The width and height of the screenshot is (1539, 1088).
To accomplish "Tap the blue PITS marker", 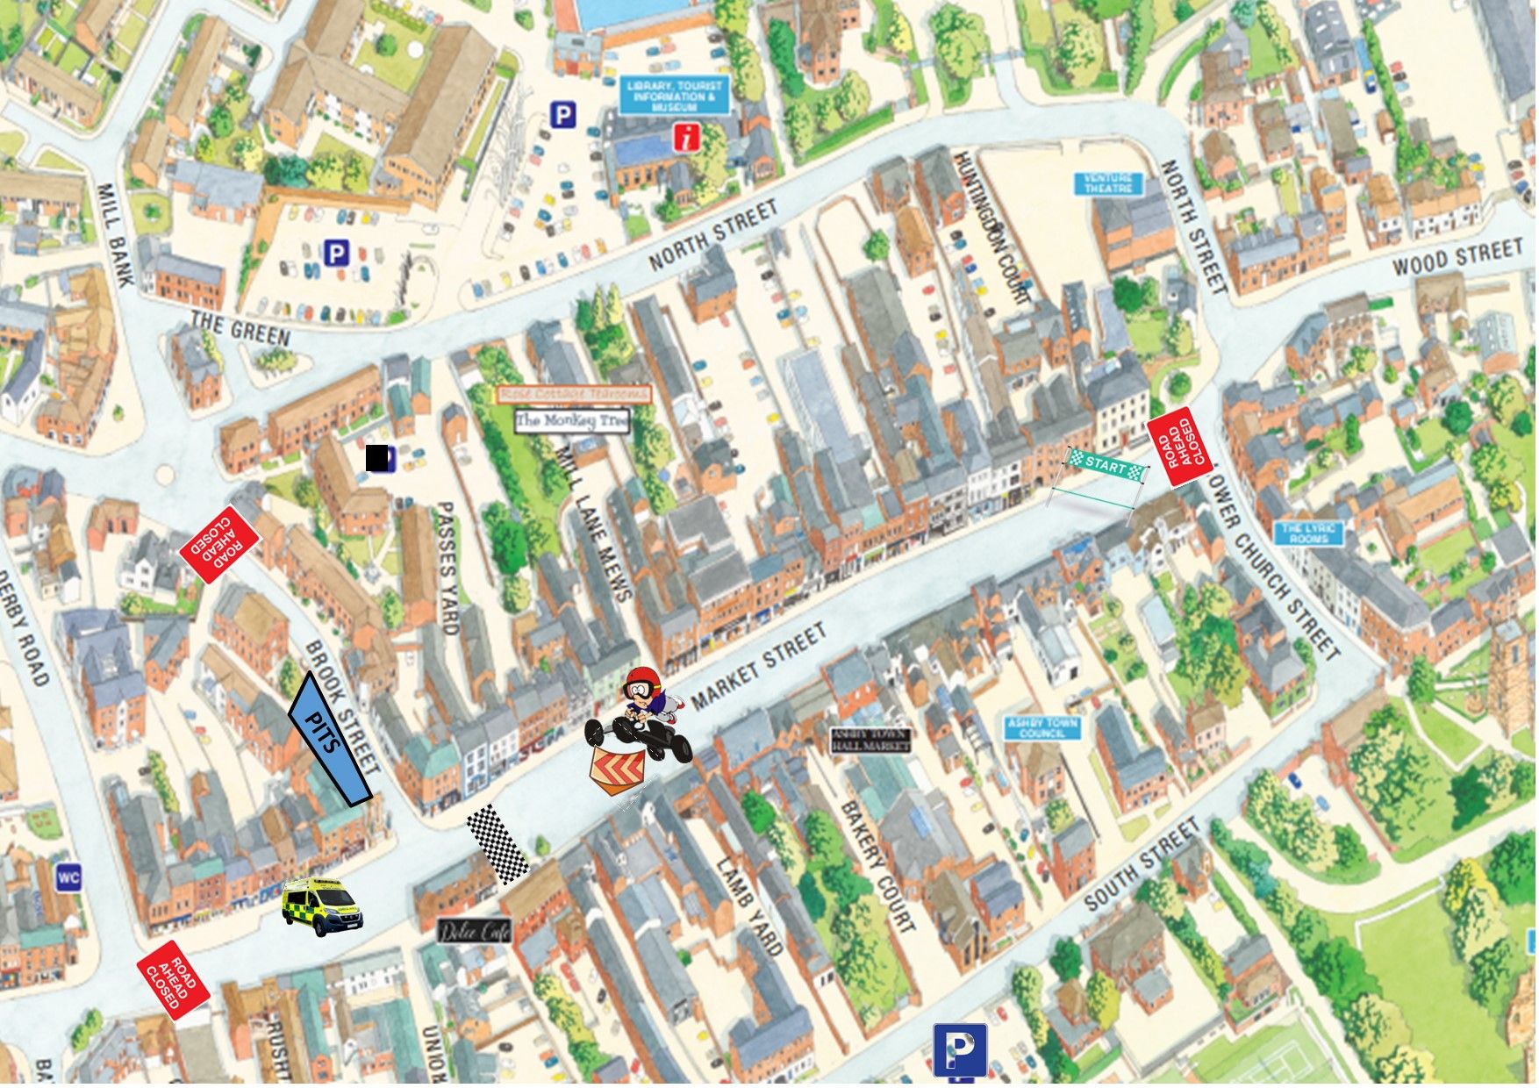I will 329,739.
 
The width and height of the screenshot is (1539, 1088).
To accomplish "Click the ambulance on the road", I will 321,905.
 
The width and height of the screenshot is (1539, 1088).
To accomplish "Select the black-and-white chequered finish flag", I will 497,843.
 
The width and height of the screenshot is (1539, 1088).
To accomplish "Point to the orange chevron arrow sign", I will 616,769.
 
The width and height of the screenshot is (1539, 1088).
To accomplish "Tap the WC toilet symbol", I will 68,877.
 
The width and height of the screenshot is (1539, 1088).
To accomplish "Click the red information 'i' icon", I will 687,138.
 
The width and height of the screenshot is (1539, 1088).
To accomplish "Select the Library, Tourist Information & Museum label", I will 674,96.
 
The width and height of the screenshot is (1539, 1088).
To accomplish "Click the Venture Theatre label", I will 1109,183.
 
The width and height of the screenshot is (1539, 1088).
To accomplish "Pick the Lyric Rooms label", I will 1308,533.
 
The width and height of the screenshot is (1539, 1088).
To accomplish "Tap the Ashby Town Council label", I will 1042,727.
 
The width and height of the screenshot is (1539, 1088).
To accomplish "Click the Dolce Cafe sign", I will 474,931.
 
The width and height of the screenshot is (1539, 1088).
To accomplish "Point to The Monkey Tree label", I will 572,421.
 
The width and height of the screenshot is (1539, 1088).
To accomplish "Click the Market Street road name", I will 758,666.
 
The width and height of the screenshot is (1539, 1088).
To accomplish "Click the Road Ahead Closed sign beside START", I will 1179,447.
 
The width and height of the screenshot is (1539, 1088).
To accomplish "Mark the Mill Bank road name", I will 115,234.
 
